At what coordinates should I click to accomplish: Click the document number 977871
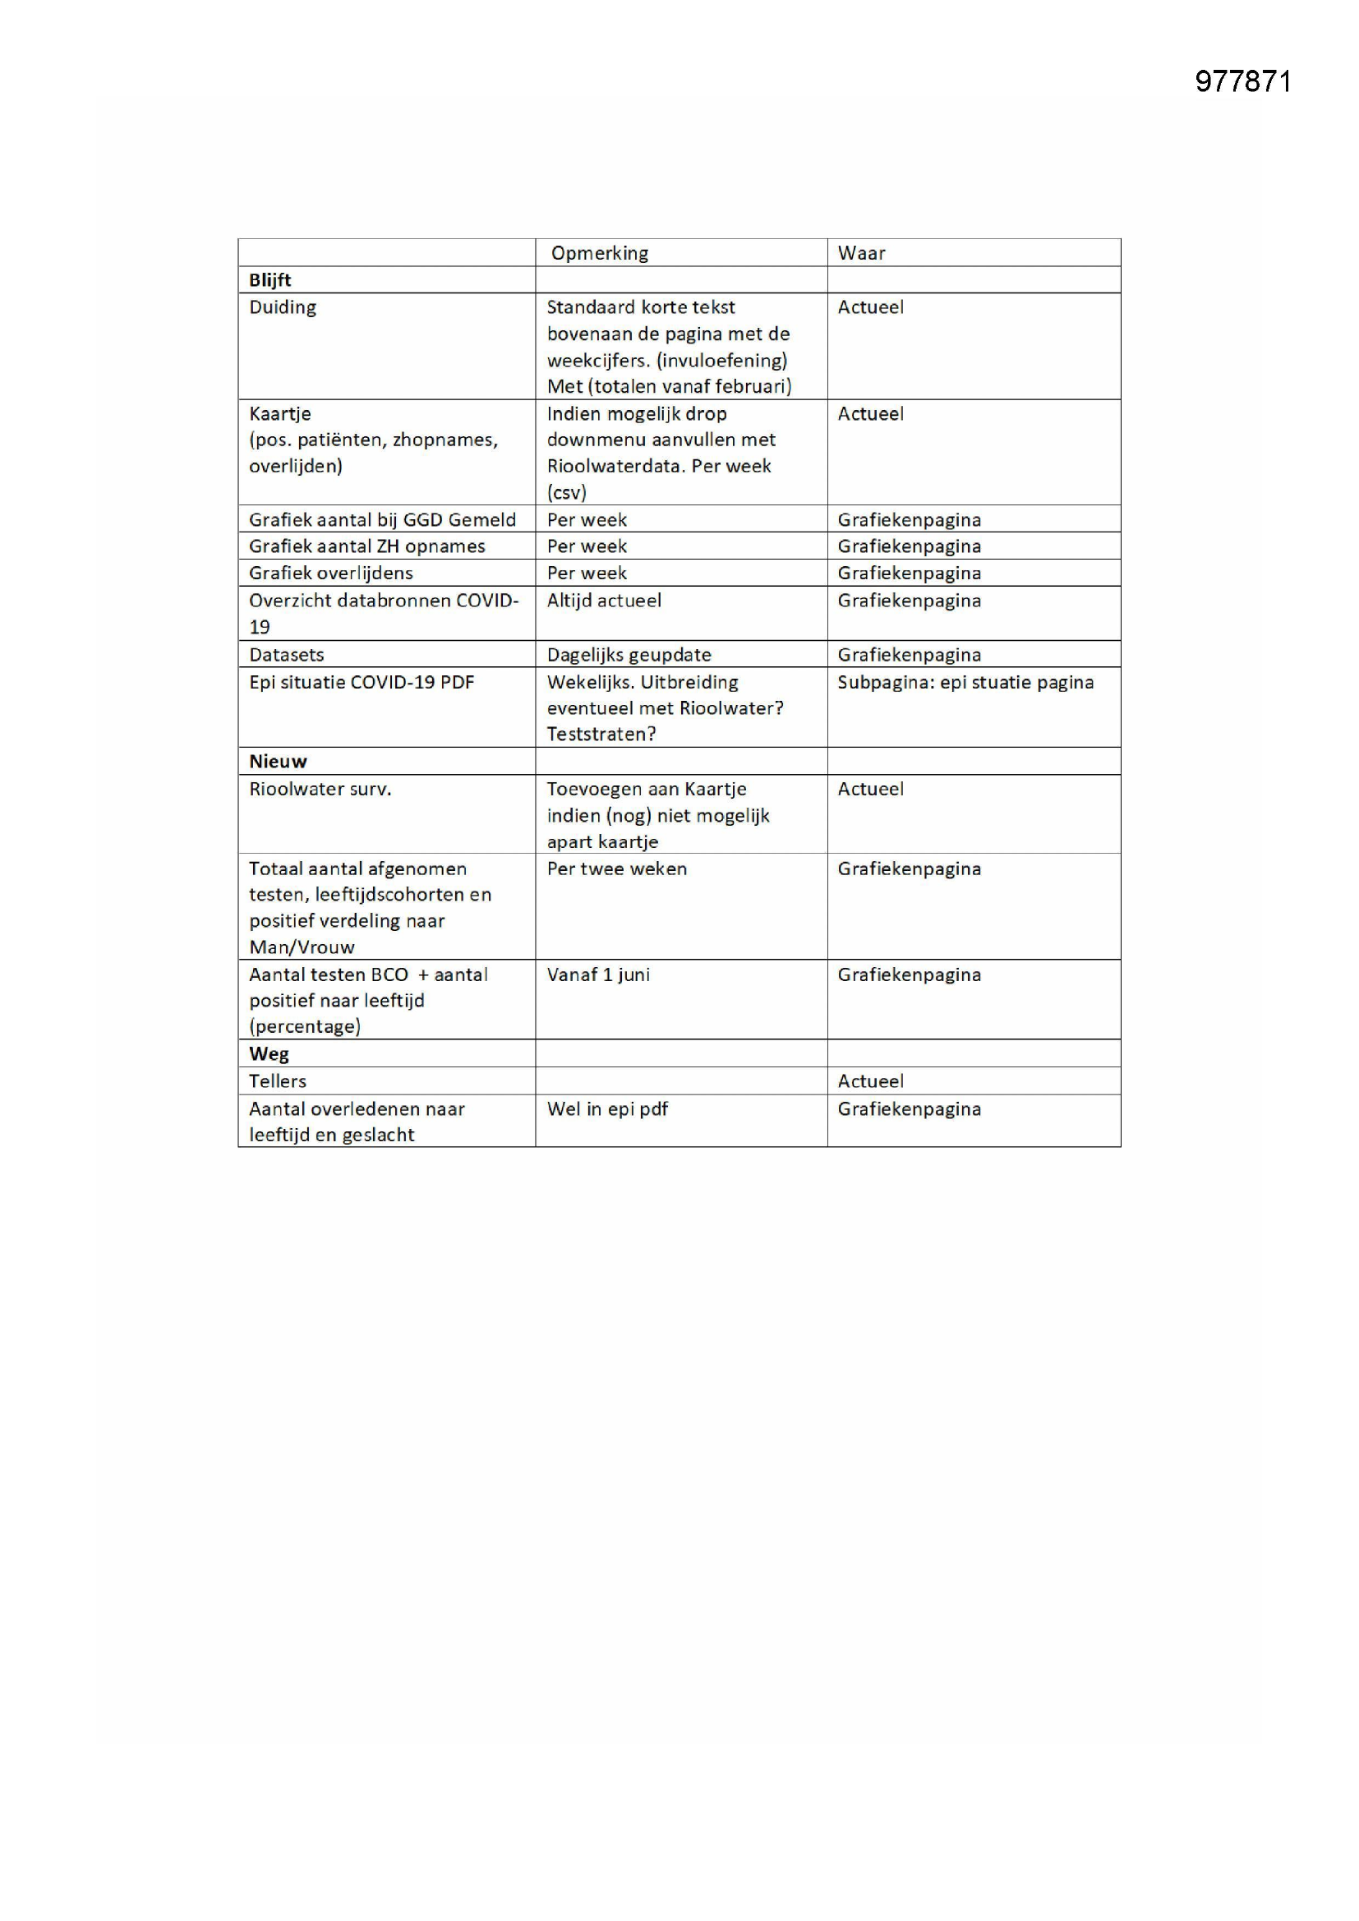[x=1242, y=81]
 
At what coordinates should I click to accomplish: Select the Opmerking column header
[x=599, y=253]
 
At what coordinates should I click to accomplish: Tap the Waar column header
[x=861, y=253]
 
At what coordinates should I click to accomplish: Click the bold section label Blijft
[x=269, y=279]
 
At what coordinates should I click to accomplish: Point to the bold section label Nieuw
[x=278, y=762]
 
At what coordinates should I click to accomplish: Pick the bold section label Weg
[x=269, y=1053]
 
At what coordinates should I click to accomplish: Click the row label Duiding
[x=283, y=307]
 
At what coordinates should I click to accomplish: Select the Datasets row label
[x=286, y=654]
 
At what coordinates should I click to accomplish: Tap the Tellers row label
[x=278, y=1081]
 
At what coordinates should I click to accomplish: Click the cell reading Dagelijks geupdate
[x=629, y=654]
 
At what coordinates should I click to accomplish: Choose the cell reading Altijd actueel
[x=604, y=600]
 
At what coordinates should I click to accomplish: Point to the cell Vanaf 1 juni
[x=598, y=974]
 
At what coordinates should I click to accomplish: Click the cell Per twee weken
[x=617, y=868]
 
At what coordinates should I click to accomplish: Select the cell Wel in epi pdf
[x=607, y=1108]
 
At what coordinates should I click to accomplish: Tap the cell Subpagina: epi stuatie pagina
[x=965, y=682]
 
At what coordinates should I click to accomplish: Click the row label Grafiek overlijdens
[x=330, y=574]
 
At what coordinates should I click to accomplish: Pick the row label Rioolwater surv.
[x=320, y=789]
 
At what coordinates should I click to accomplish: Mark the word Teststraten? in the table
[x=601, y=734]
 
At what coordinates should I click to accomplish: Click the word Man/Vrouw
[x=302, y=947]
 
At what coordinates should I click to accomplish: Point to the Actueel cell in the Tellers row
[x=870, y=1081]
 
